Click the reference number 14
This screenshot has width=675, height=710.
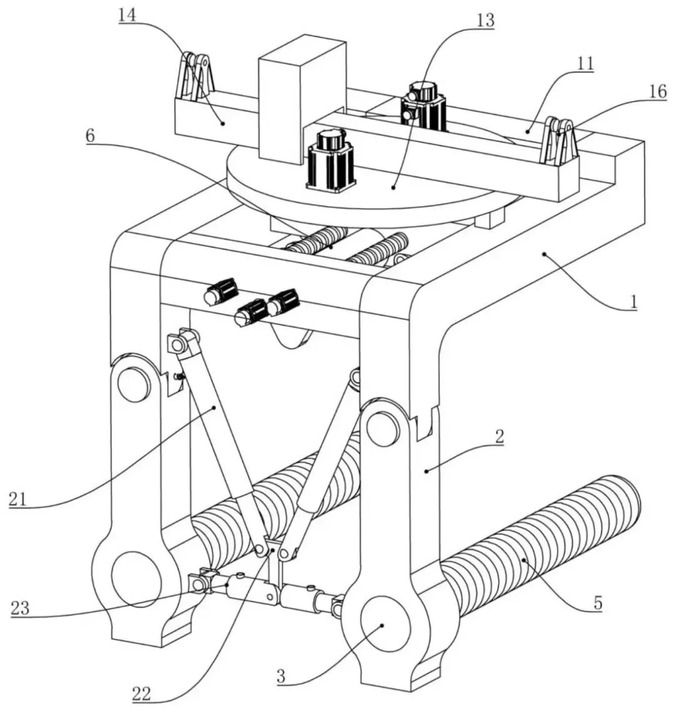pyautogui.click(x=127, y=16)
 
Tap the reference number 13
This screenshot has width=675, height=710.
pyautogui.click(x=485, y=21)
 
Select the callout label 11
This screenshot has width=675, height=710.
pyautogui.click(x=586, y=64)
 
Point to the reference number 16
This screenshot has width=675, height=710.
pyautogui.click(x=657, y=91)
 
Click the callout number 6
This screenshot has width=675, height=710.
pyautogui.click(x=91, y=136)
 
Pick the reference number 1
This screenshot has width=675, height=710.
pyautogui.click(x=634, y=302)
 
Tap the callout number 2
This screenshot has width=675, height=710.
pyautogui.click(x=499, y=436)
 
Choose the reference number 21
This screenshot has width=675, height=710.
pyautogui.click(x=18, y=499)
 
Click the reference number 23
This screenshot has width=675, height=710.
pyautogui.click(x=19, y=608)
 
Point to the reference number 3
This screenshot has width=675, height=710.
pyautogui.click(x=281, y=676)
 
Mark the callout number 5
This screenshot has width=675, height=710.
pyautogui.click(x=597, y=602)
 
